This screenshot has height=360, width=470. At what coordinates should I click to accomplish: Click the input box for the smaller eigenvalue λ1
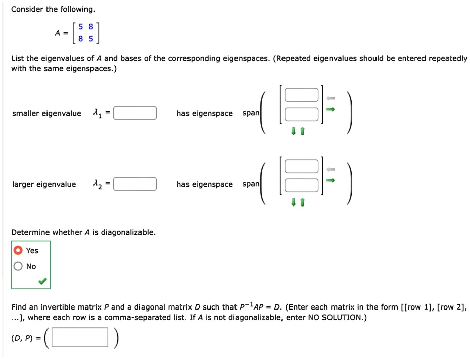(x=135, y=113)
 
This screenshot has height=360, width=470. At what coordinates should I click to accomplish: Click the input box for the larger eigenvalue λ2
(x=135, y=184)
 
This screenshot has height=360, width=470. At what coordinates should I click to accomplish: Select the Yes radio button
(x=18, y=250)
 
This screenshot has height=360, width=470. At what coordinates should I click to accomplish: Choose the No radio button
(x=18, y=266)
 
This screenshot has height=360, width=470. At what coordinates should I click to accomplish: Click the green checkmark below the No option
(x=44, y=281)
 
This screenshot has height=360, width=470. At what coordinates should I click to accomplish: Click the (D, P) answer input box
(x=80, y=338)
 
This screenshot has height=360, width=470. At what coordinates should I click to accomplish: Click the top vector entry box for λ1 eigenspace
(x=301, y=95)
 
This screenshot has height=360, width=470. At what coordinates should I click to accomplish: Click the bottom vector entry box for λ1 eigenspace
(x=301, y=114)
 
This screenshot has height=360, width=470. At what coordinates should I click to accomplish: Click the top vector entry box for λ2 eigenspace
(x=301, y=166)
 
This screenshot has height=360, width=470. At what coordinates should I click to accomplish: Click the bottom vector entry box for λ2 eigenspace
(x=301, y=185)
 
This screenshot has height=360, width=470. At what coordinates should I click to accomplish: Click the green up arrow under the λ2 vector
(x=303, y=203)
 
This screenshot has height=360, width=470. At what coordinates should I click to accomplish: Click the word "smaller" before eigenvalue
(x=26, y=113)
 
